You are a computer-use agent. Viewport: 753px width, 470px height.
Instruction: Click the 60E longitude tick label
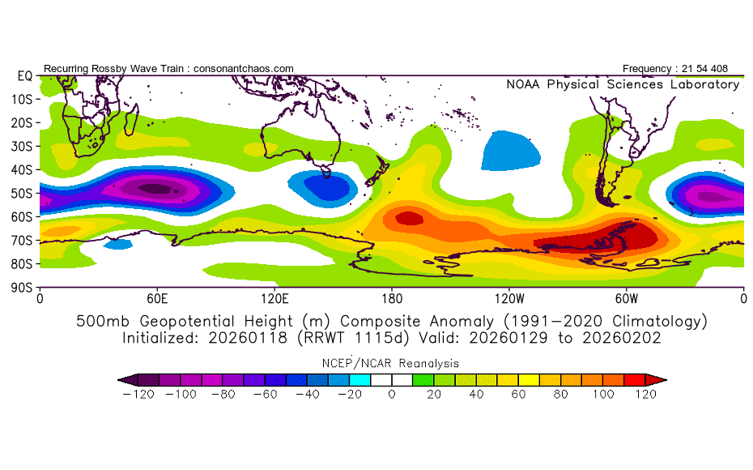pyautogui.click(x=157, y=299)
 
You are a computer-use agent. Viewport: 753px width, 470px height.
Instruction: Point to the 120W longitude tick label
pyautogui.click(x=509, y=299)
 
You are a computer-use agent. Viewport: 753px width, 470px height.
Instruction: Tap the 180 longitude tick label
pyautogui.click(x=392, y=299)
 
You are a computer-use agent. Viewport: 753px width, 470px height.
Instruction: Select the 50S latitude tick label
pyautogui.click(x=22, y=193)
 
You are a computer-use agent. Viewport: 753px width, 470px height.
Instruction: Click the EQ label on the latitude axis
pyautogui.click(x=25, y=76)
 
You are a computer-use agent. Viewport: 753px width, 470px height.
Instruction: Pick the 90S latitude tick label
pyautogui.click(x=22, y=288)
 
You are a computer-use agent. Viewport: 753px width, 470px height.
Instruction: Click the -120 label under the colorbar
pyautogui.click(x=138, y=395)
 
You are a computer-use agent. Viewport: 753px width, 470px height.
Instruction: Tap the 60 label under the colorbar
pyautogui.click(x=518, y=395)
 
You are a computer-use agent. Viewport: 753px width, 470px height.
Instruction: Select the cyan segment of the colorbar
pyautogui.click(x=359, y=380)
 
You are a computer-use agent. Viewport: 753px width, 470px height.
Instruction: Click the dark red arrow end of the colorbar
pyautogui.click(x=656, y=380)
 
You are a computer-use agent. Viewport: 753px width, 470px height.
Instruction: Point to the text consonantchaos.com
pyautogui.click(x=244, y=69)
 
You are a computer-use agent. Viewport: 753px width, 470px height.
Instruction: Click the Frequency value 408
pyautogui.click(x=719, y=69)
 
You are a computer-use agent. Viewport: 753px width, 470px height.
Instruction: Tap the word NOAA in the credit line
pyautogui.click(x=523, y=84)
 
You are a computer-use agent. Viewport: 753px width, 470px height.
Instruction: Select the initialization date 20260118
pyautogui.click(x=247, y=338)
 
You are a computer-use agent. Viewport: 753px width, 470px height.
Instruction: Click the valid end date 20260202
pyautogui.click(x=621, y=338)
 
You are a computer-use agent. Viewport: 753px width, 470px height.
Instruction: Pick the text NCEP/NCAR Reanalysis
pyautogui.click(x=390, y=363)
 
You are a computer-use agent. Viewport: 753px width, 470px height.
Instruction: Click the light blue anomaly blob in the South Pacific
pyautogui.click(x=510, y=151)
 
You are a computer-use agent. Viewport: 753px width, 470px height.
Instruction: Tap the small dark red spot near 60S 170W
pyautogui.click(x=409, y=219)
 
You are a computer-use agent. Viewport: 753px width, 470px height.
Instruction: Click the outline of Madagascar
pyautogui.click(x=131, y=120)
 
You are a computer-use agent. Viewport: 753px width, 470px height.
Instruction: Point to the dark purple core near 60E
pyautogui.click(x=155, y=188)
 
